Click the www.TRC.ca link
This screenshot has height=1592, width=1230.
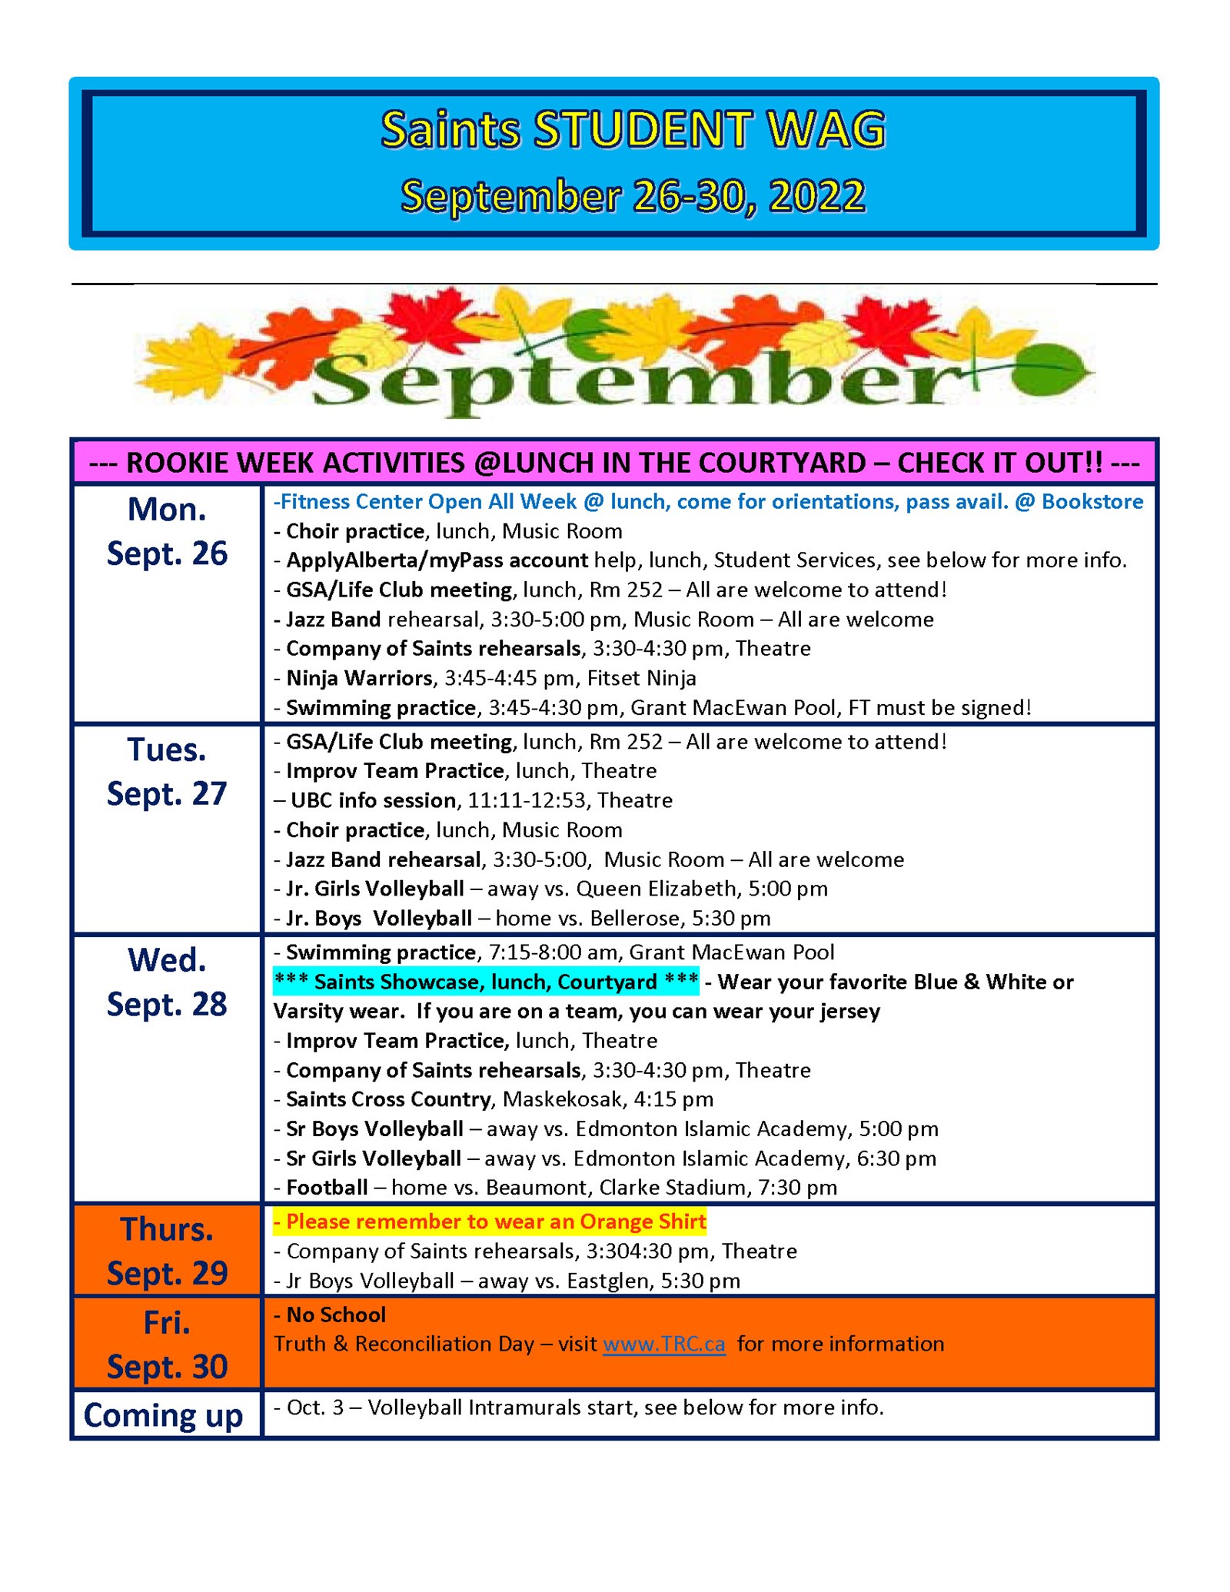[x=663, y=1344]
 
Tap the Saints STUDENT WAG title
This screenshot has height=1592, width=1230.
[x=633, y=129]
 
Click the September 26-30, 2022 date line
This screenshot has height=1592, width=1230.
[x=633, y=196]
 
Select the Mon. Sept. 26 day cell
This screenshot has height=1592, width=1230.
[x=167, y=531]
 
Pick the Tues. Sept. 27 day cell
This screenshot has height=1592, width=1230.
[x=167, y=772]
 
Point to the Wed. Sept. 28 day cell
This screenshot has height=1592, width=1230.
[x=167, y=982]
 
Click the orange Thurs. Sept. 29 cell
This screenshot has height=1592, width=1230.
[x=167, y=1251]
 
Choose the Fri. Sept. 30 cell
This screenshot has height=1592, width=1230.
[x=167, y=1344]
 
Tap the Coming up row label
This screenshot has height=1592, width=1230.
[x=163, y=1415]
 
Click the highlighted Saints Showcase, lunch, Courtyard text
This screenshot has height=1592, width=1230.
[x=486, y=982]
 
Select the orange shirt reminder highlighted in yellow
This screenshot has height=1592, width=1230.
[x=489, y=1221]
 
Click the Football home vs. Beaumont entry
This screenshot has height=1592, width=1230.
[x=555, y=1188]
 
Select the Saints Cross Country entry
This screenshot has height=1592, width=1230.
[x=493, y=1099]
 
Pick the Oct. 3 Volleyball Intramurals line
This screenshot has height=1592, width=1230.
[x=579, y=1408]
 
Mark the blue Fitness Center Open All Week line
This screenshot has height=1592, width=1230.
[x=708, y=502]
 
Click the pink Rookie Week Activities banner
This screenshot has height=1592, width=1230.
[x=614, y=463]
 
